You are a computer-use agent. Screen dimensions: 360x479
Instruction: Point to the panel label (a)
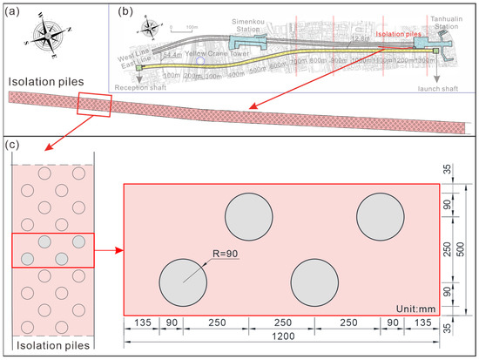14,11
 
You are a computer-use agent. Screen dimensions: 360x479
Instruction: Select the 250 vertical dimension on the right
447,250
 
